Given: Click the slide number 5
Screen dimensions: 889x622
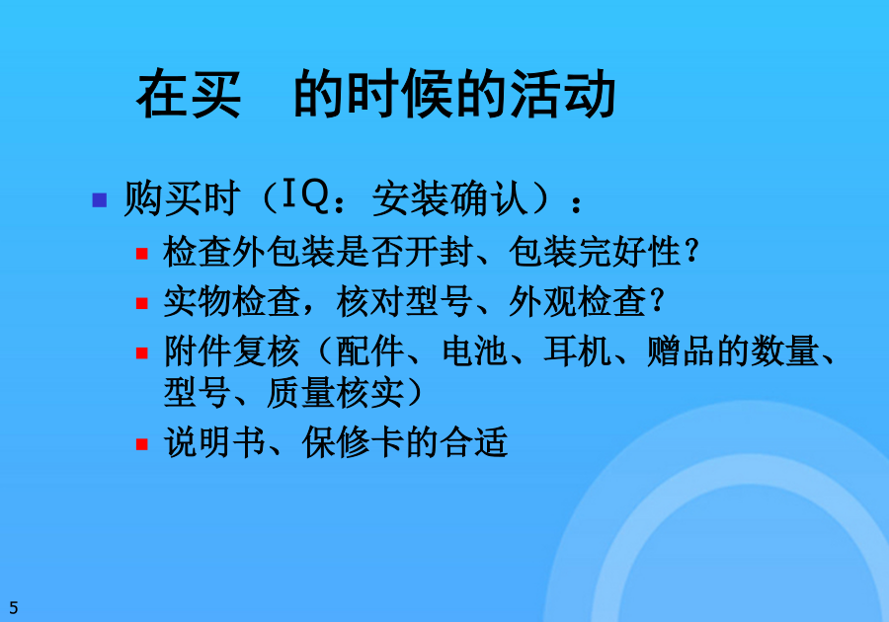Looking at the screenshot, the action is coord(14,608).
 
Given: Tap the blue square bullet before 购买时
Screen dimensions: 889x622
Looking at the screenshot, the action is coord(99,200).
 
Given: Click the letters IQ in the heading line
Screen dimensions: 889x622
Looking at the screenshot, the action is coord(305,195).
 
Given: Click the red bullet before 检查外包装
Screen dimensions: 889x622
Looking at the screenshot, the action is coord(141,253).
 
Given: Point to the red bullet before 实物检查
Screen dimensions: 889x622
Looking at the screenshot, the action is coord(141,303).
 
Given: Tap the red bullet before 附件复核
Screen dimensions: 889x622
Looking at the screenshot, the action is coord(141,353).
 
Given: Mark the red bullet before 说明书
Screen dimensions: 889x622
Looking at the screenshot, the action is coord(141,444).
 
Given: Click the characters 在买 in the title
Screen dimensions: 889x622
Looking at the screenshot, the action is coord(189,94).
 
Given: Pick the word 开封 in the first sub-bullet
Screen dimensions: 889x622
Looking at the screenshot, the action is coord(439,252).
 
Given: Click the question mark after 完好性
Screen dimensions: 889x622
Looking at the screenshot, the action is coord(691,251).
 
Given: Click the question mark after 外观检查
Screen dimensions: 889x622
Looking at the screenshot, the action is coord(658,301).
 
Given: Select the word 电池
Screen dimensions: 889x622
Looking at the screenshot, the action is coord(475,351).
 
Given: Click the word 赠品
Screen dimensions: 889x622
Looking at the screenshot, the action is coord(681,351).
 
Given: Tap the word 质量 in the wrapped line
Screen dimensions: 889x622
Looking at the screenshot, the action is coord(300,393).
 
